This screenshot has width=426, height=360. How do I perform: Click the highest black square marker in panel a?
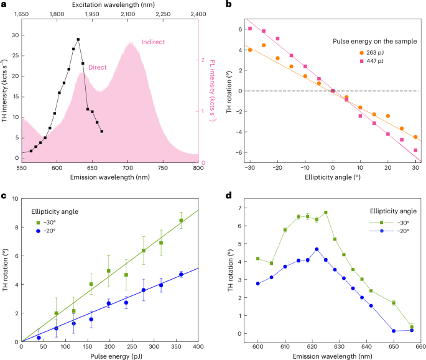coord(78,39)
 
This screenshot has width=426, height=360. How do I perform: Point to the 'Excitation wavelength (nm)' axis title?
coord(110,4)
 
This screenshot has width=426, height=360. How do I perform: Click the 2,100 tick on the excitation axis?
coord(128,13)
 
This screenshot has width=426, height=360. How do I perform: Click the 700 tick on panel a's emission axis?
coord(127,168)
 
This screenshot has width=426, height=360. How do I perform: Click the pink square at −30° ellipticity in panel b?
coord(250,29)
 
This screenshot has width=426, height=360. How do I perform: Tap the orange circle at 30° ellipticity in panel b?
coord(415,137)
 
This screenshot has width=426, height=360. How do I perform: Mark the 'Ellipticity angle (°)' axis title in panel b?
coord(333,177)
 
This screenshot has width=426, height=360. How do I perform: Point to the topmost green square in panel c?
coord(181,221)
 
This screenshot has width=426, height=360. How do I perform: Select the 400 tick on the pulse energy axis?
coord(199,346)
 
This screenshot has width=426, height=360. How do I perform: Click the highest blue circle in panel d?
coord(317,249)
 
